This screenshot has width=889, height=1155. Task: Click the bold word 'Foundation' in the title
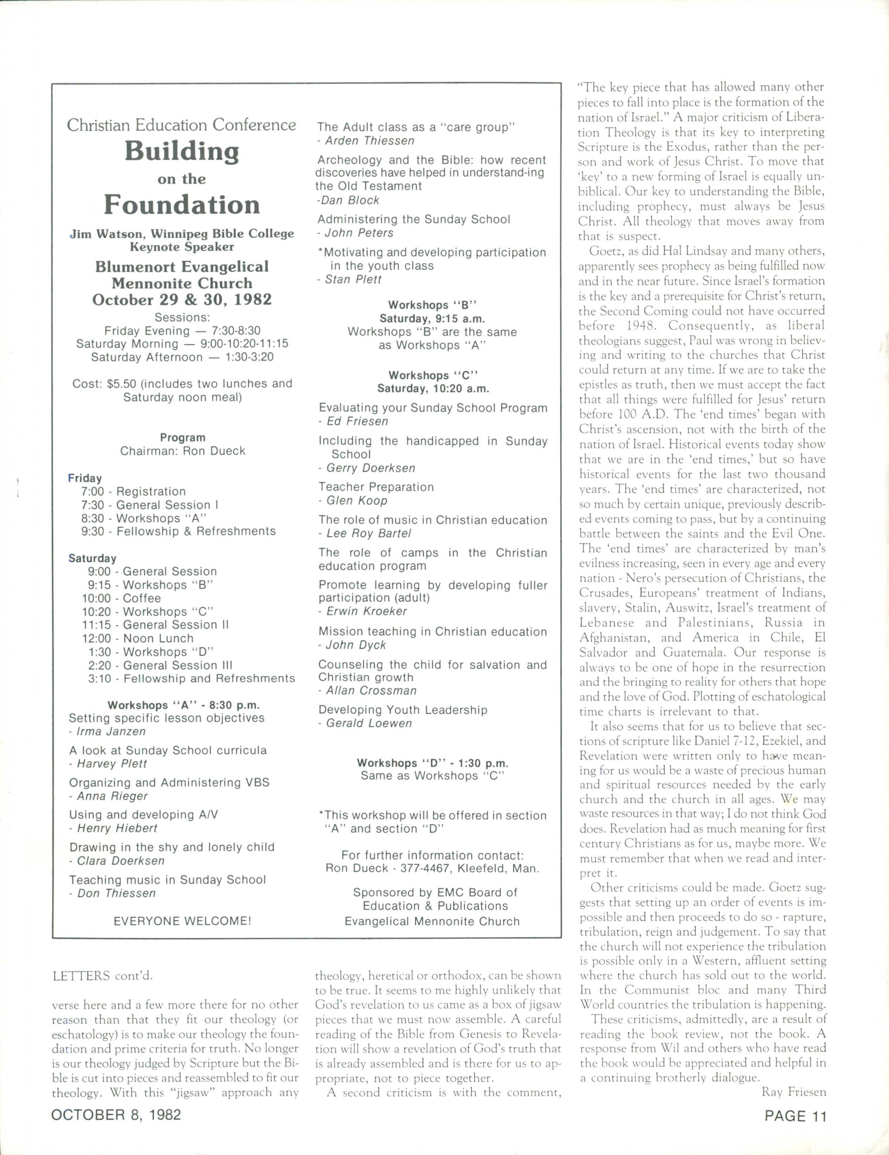coord(182,204)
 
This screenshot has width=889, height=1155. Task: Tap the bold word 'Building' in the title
coord(182,152)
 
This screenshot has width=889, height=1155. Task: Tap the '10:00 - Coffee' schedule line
coord(121,598)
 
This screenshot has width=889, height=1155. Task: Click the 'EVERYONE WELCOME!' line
coord(182,921)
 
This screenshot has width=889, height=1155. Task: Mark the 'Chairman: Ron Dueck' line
coord(182,451)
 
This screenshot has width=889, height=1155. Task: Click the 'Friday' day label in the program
coord(85,478)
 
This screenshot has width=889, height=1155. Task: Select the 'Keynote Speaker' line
coord(182,247)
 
